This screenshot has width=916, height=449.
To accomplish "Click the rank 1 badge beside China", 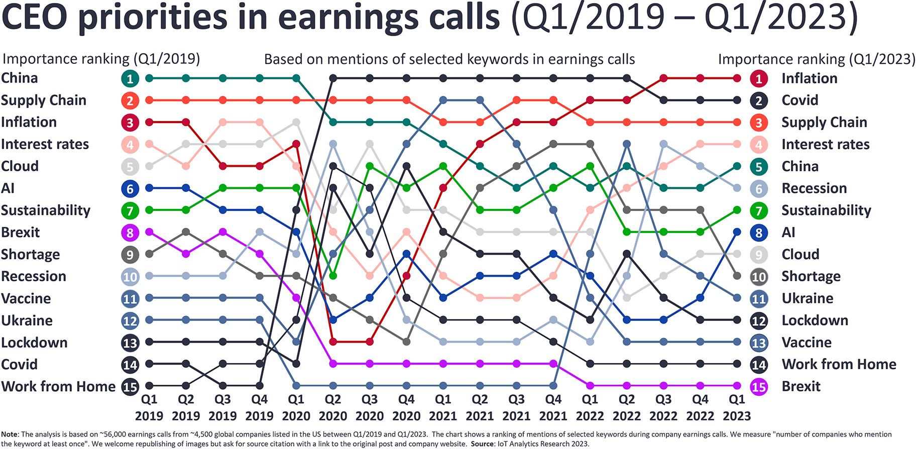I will click(x=130, y=78).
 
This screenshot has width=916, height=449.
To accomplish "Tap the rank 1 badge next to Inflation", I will click(x=758, y=78).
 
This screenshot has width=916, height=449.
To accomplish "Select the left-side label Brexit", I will click(x=20, y=233).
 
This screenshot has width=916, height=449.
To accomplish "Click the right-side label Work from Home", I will click(x=839, y=364).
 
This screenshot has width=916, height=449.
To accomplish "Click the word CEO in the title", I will click(x=34, y=17).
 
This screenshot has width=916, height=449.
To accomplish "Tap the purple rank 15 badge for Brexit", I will click(x=758, y=387).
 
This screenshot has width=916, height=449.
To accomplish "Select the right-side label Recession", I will click(x=814, y=188).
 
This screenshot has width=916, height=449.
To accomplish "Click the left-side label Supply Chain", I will click(x=44, y=100).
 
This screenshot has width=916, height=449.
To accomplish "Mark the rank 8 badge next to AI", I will click(x=758, y=233).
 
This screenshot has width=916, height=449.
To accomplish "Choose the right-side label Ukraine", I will click(x=807, y=298).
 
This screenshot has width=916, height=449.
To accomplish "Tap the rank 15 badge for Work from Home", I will click(x=130, y=387).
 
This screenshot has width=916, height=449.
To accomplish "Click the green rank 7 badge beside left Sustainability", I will click(x=130, y=210).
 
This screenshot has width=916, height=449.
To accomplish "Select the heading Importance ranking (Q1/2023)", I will click(x=817, y=59).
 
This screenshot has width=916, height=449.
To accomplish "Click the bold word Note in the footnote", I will click(x=10, y=434).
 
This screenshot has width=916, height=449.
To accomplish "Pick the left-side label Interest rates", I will click(x=45, y=145).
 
